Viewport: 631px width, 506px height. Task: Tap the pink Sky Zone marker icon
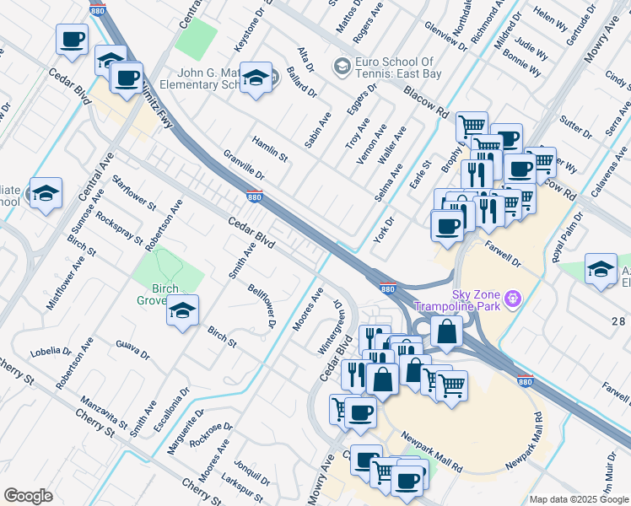(x=512, y=298)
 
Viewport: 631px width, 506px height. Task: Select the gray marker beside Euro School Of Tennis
(x=342, y=65)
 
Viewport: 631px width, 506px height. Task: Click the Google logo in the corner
(x=28, y=496)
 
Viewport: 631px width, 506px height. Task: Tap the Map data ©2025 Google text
(x=579, y=499)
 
